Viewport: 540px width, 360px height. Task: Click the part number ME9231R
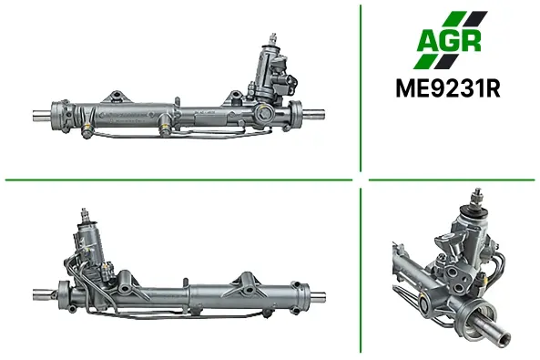[448, 89]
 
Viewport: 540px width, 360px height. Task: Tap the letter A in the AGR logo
[428, 41]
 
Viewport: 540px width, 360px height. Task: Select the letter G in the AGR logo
[450, 41]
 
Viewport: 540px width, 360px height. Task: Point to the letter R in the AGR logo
[471, 41]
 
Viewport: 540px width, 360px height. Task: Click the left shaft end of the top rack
[42, 115]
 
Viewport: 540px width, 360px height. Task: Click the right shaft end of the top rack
[313, 114]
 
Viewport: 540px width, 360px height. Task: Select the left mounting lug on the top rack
[117, 97]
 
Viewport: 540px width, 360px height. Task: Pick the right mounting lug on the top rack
[235, 97]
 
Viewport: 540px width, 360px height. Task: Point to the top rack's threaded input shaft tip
[274, 37]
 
